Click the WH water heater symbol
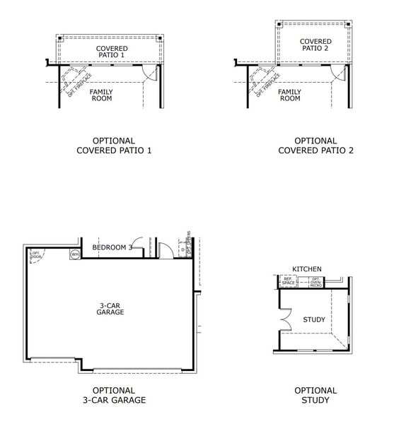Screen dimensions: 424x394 (74, 254)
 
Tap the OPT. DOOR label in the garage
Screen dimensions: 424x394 (35, 254)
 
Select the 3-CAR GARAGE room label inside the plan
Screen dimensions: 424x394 (111, 308)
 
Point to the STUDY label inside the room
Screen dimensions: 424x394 (314, 319)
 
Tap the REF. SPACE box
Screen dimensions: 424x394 (289, 282)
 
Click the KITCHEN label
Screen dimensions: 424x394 (307, 269)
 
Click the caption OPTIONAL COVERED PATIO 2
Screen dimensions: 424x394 (315, 146)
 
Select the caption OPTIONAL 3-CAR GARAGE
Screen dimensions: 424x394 (113, 395)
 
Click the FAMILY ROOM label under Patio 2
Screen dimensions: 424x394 (289, 95)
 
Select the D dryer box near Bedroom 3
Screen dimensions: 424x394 (182, 249)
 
